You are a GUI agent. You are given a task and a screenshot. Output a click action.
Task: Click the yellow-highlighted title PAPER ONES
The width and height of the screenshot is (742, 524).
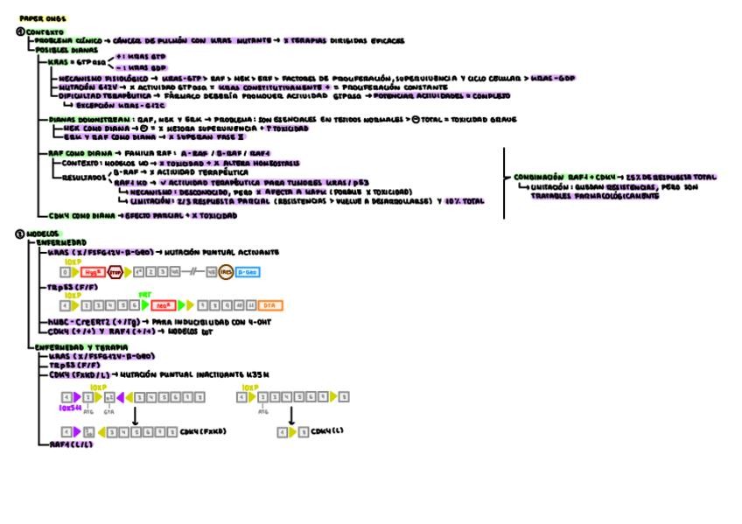(42, 17)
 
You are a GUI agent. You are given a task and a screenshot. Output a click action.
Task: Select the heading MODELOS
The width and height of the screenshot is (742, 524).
(41, 234)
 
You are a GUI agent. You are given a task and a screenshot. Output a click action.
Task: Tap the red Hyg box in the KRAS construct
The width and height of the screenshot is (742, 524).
(91, 273)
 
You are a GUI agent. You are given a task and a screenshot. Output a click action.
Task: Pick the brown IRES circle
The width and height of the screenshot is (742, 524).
(226, 273)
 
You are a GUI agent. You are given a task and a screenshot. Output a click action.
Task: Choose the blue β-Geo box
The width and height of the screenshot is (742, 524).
(247, 273)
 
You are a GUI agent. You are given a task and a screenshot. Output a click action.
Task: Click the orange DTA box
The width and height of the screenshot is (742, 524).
(270, 305)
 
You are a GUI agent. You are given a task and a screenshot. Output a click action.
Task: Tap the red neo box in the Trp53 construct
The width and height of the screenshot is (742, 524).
(161, 305)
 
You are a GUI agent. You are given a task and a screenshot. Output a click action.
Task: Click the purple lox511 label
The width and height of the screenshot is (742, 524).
(69, 408)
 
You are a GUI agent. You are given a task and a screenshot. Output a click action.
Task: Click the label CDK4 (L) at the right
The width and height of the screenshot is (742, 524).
(326, 431)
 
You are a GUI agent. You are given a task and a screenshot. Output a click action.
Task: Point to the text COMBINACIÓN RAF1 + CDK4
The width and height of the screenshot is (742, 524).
(551, 176)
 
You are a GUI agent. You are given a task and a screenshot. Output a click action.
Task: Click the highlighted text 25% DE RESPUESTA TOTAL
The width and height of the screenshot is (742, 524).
(637, 176)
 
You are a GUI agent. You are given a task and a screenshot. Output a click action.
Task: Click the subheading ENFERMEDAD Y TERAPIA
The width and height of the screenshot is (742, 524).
(73, 347)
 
